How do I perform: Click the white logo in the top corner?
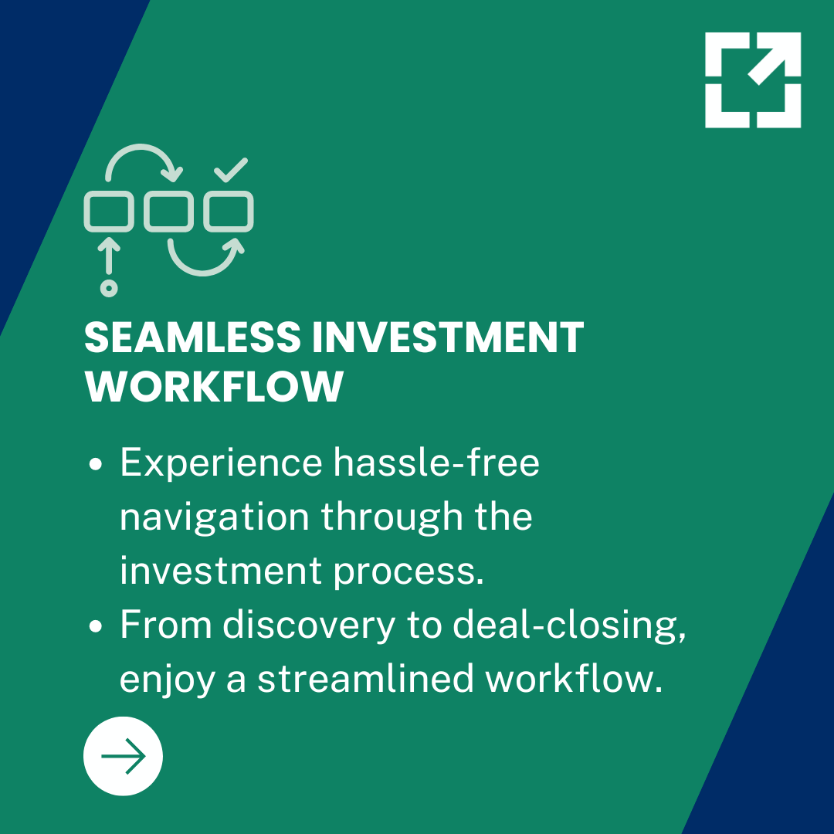tap(753, 80)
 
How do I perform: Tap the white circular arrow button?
tap(123, 756)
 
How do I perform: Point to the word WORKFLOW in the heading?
tap(214, 386)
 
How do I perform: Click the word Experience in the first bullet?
tap(221, 464)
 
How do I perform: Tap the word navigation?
tap(215, 517)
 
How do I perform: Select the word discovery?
tap(309, 625)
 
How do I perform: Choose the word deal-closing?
tap(569, 626)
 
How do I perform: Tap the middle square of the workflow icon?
tap(169, 211)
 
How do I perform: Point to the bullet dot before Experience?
tap(97, 466)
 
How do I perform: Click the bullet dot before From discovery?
tap(97, 626)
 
